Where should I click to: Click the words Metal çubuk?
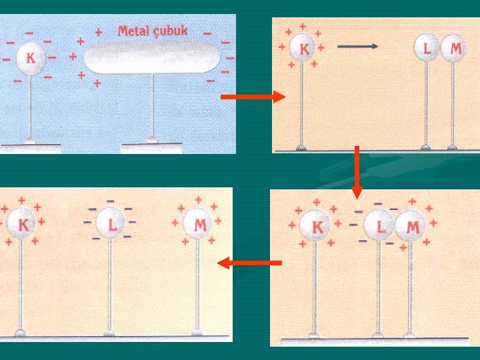(x=153, y=31)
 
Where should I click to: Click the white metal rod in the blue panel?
(x=153, y=57)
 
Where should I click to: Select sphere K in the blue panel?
(x=30, y=57)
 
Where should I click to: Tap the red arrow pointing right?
(x=252, y=97)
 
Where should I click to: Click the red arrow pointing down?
(x=357, y=171)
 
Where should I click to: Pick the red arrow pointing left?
(x=249, y=263)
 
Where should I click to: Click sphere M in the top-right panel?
(x=455, y=49)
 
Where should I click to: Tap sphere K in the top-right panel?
(x=304, y=49)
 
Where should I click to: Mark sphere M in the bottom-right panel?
(x=411, y=227)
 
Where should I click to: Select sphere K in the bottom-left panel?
(x=22, y=225)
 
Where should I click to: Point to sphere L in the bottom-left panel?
(x=111, y=224)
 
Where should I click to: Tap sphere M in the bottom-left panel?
(x=199, y=225)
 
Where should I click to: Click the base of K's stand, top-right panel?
(x=301, y=147)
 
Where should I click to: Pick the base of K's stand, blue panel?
(x=29, y=140)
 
